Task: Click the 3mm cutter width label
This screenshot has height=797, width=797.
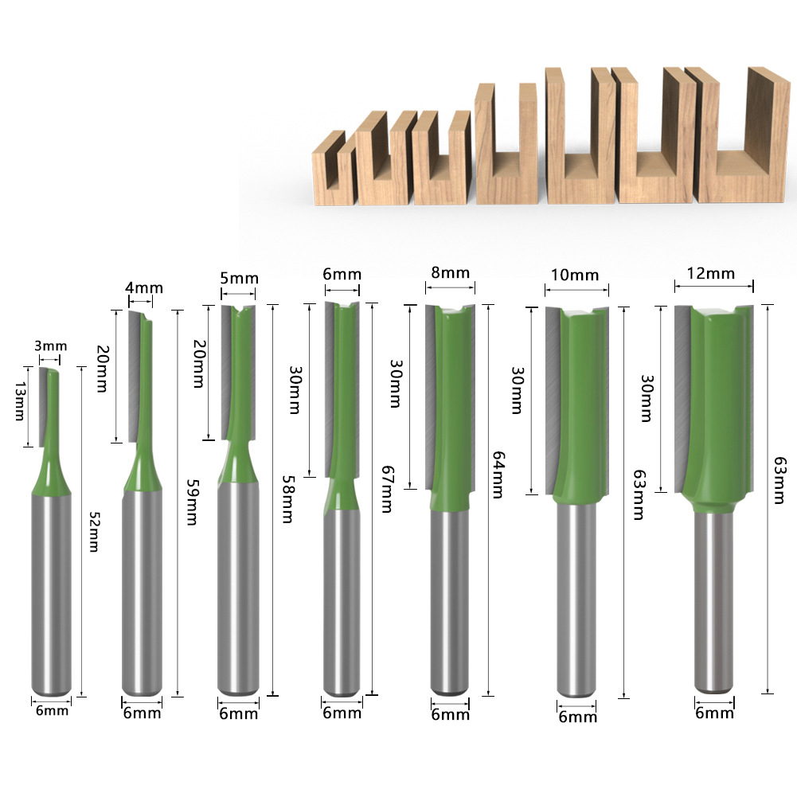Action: click(50, 346)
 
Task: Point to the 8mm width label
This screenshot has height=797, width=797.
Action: click(450, 273)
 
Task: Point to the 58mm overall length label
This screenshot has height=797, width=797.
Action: click(285, 500)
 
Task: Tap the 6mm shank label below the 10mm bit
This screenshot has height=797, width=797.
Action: click(577, 717)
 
